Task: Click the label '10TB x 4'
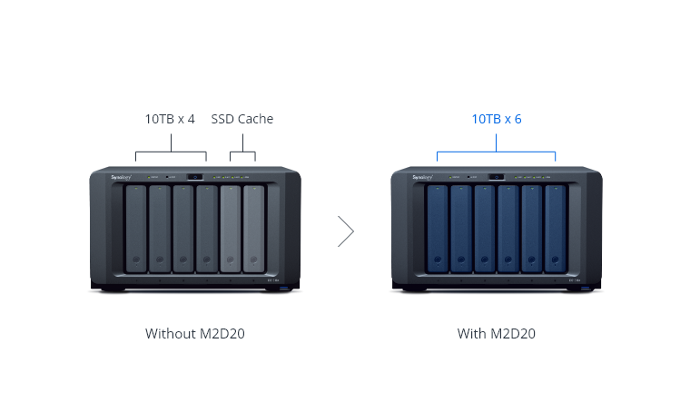pos(170,119)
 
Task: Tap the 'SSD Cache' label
pos(242,119)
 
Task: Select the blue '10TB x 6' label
pos(497,119)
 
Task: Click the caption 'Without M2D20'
pos(194,332)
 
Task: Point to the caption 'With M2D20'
pos(497,332)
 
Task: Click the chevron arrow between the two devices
pos(345,231)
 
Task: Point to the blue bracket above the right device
pos(497,152)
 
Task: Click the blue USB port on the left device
pos(285,289)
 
